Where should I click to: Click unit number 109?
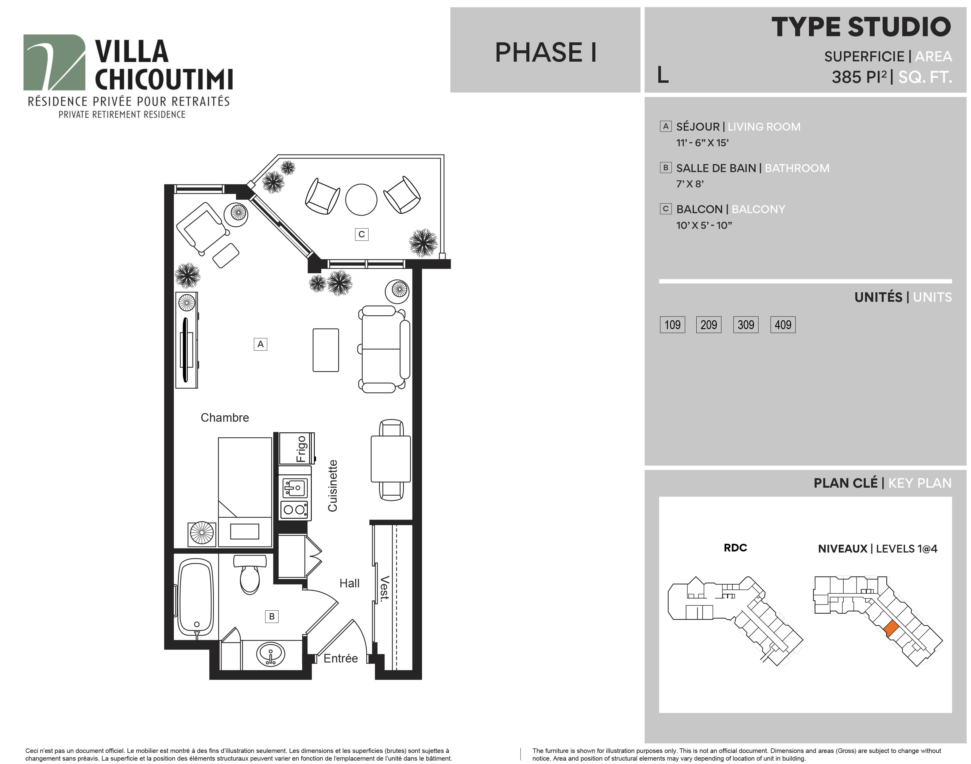pos(672,325)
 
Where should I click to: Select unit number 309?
pos(745,325)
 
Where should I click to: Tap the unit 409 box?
pos(783,325)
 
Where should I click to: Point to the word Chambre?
pos(225,417)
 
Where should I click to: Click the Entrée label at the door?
pos(341,658)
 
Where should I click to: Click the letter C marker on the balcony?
pos(362,234)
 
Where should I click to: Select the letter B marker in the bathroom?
pos(272,616)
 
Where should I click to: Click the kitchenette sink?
pos(294,487)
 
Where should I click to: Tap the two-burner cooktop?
pos(294,509)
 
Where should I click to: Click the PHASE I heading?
pos(545,52)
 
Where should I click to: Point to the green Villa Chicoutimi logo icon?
pos(54,63)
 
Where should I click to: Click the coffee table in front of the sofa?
pos(326,350)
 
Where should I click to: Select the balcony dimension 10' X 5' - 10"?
pos(704,225)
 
